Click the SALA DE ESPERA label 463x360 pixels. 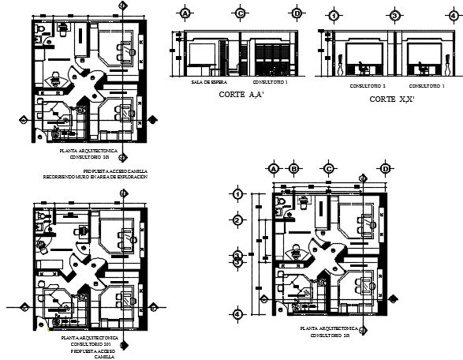point(205,82)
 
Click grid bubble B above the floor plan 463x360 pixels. point(293,169)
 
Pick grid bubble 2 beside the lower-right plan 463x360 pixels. point(237,219)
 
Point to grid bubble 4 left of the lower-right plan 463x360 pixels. point(237,314)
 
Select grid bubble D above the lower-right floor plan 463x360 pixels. point(386,169)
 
